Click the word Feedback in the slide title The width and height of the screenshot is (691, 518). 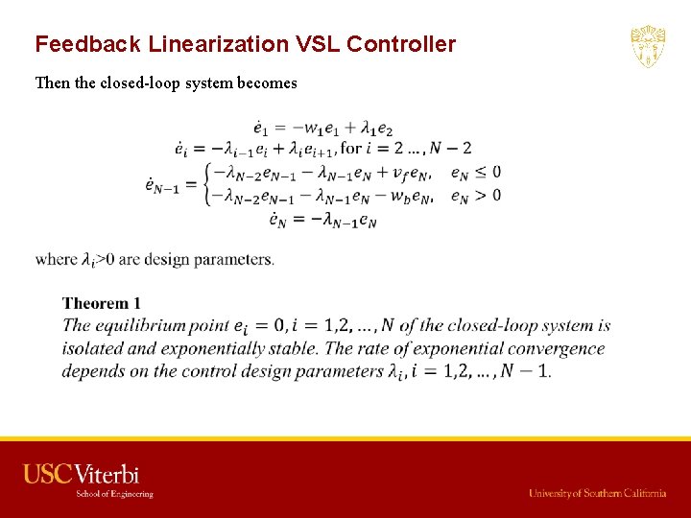pos(80,44)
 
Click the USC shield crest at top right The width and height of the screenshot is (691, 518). pos(648,47)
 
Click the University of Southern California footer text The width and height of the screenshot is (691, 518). pos(597,493)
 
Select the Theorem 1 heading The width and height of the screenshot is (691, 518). pos(102,304)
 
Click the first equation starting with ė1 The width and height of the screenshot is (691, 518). pos(322,128)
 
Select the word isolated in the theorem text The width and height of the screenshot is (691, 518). pos(91,349)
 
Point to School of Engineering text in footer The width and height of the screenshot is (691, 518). pos(115,494)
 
